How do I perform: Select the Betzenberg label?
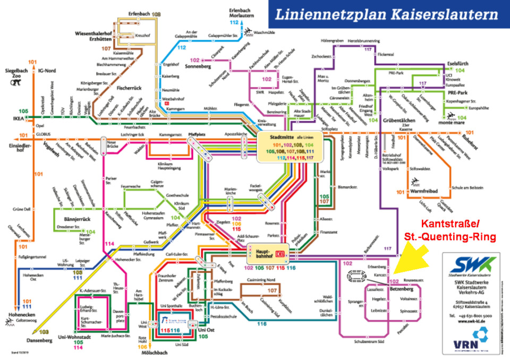pos(404,289)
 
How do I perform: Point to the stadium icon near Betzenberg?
pos(355,276)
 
